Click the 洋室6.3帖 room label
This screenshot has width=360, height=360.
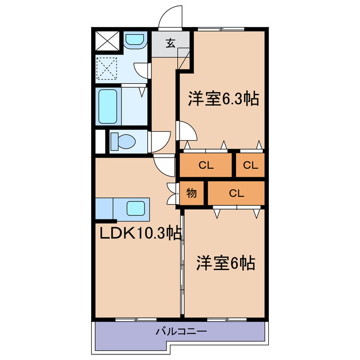click(x=223, y=100)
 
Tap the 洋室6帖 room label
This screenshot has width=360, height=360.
click(x=226, y=263)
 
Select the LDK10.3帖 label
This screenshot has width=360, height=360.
click(x=141, y=233)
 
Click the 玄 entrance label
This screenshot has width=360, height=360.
click(x=170, y=43)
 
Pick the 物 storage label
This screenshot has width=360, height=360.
click(x=191, y=193)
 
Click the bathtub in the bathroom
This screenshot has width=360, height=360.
click(x=108, y=106)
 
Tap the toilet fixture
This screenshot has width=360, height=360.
click(x=121, y=141)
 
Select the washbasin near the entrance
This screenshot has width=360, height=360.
click(x=133, y=40)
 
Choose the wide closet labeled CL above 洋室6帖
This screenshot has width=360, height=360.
click(x=236, y=193)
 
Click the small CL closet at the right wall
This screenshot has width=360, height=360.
click(x=251, y=165)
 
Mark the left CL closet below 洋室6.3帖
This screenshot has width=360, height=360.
click(x=206, y=165)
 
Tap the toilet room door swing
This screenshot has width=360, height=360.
click(x=161, y=140)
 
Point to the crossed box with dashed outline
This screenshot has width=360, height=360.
click(x=106, y=70)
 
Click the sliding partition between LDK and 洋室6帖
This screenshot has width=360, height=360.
click(x=182, y=264)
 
